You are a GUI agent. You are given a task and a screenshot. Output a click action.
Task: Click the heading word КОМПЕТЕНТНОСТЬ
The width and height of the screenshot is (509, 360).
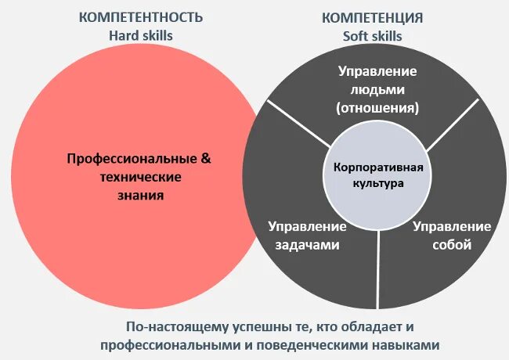pyautogui.click(x=141, y=16)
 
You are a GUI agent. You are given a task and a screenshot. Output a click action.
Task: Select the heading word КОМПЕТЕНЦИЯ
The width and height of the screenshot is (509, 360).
pyautogui.click(x=373, y=16)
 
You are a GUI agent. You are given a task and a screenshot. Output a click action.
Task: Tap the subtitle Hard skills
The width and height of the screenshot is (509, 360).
pyautogui.click(x=141, y=35)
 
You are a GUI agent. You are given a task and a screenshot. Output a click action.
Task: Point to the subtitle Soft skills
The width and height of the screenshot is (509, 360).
pyautogui.click(x=373, y=35)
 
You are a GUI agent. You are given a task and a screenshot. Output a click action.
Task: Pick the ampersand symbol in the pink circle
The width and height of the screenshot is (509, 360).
pyautogui.click(x=207, y=158)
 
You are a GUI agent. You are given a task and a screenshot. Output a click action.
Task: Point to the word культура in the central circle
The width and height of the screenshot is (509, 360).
pyautogui.click(x=378, y=185)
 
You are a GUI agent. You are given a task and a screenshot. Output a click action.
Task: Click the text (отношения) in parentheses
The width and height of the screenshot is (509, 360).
pyautogui.click(x=377, y=107)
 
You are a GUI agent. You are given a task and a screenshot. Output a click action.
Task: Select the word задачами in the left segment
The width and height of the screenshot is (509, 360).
pyautogui.click(x=306, y=245)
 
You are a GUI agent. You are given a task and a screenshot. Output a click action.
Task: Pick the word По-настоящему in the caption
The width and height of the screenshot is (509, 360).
pyautogui.click(x=168, y=327)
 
